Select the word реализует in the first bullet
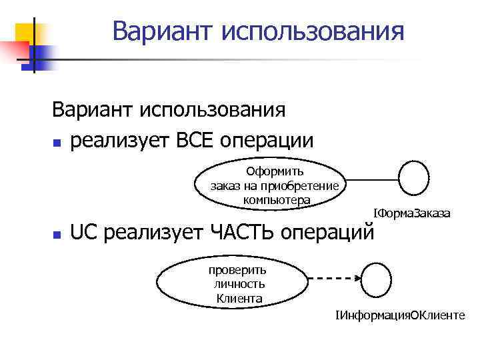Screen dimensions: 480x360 (x=119, y=141)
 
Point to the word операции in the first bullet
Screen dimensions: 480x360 (x=270, y=141)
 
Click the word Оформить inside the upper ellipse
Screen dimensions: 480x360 (x=275, y=172)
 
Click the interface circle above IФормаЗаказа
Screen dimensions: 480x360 (x=413, y=178)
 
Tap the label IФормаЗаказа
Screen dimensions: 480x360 (x=411, y=213)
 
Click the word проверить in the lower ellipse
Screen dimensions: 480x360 (x=238, y=270)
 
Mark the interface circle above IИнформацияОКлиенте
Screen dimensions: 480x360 (x=375, y=279)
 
